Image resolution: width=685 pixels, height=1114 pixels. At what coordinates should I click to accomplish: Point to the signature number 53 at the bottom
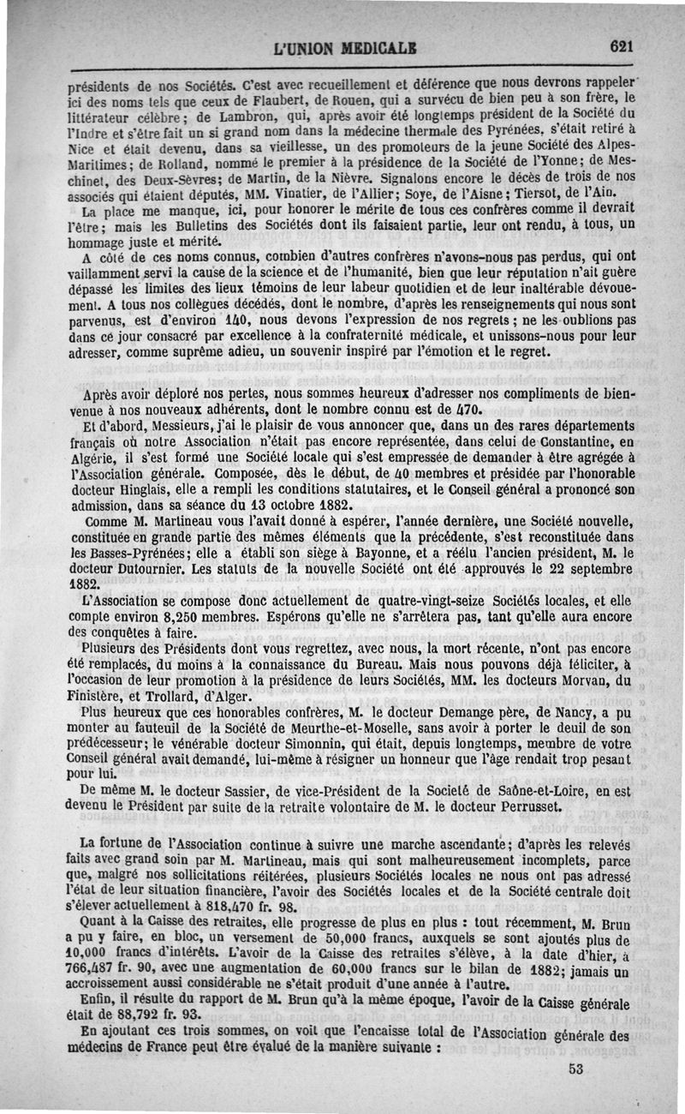pos(575,1069)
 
